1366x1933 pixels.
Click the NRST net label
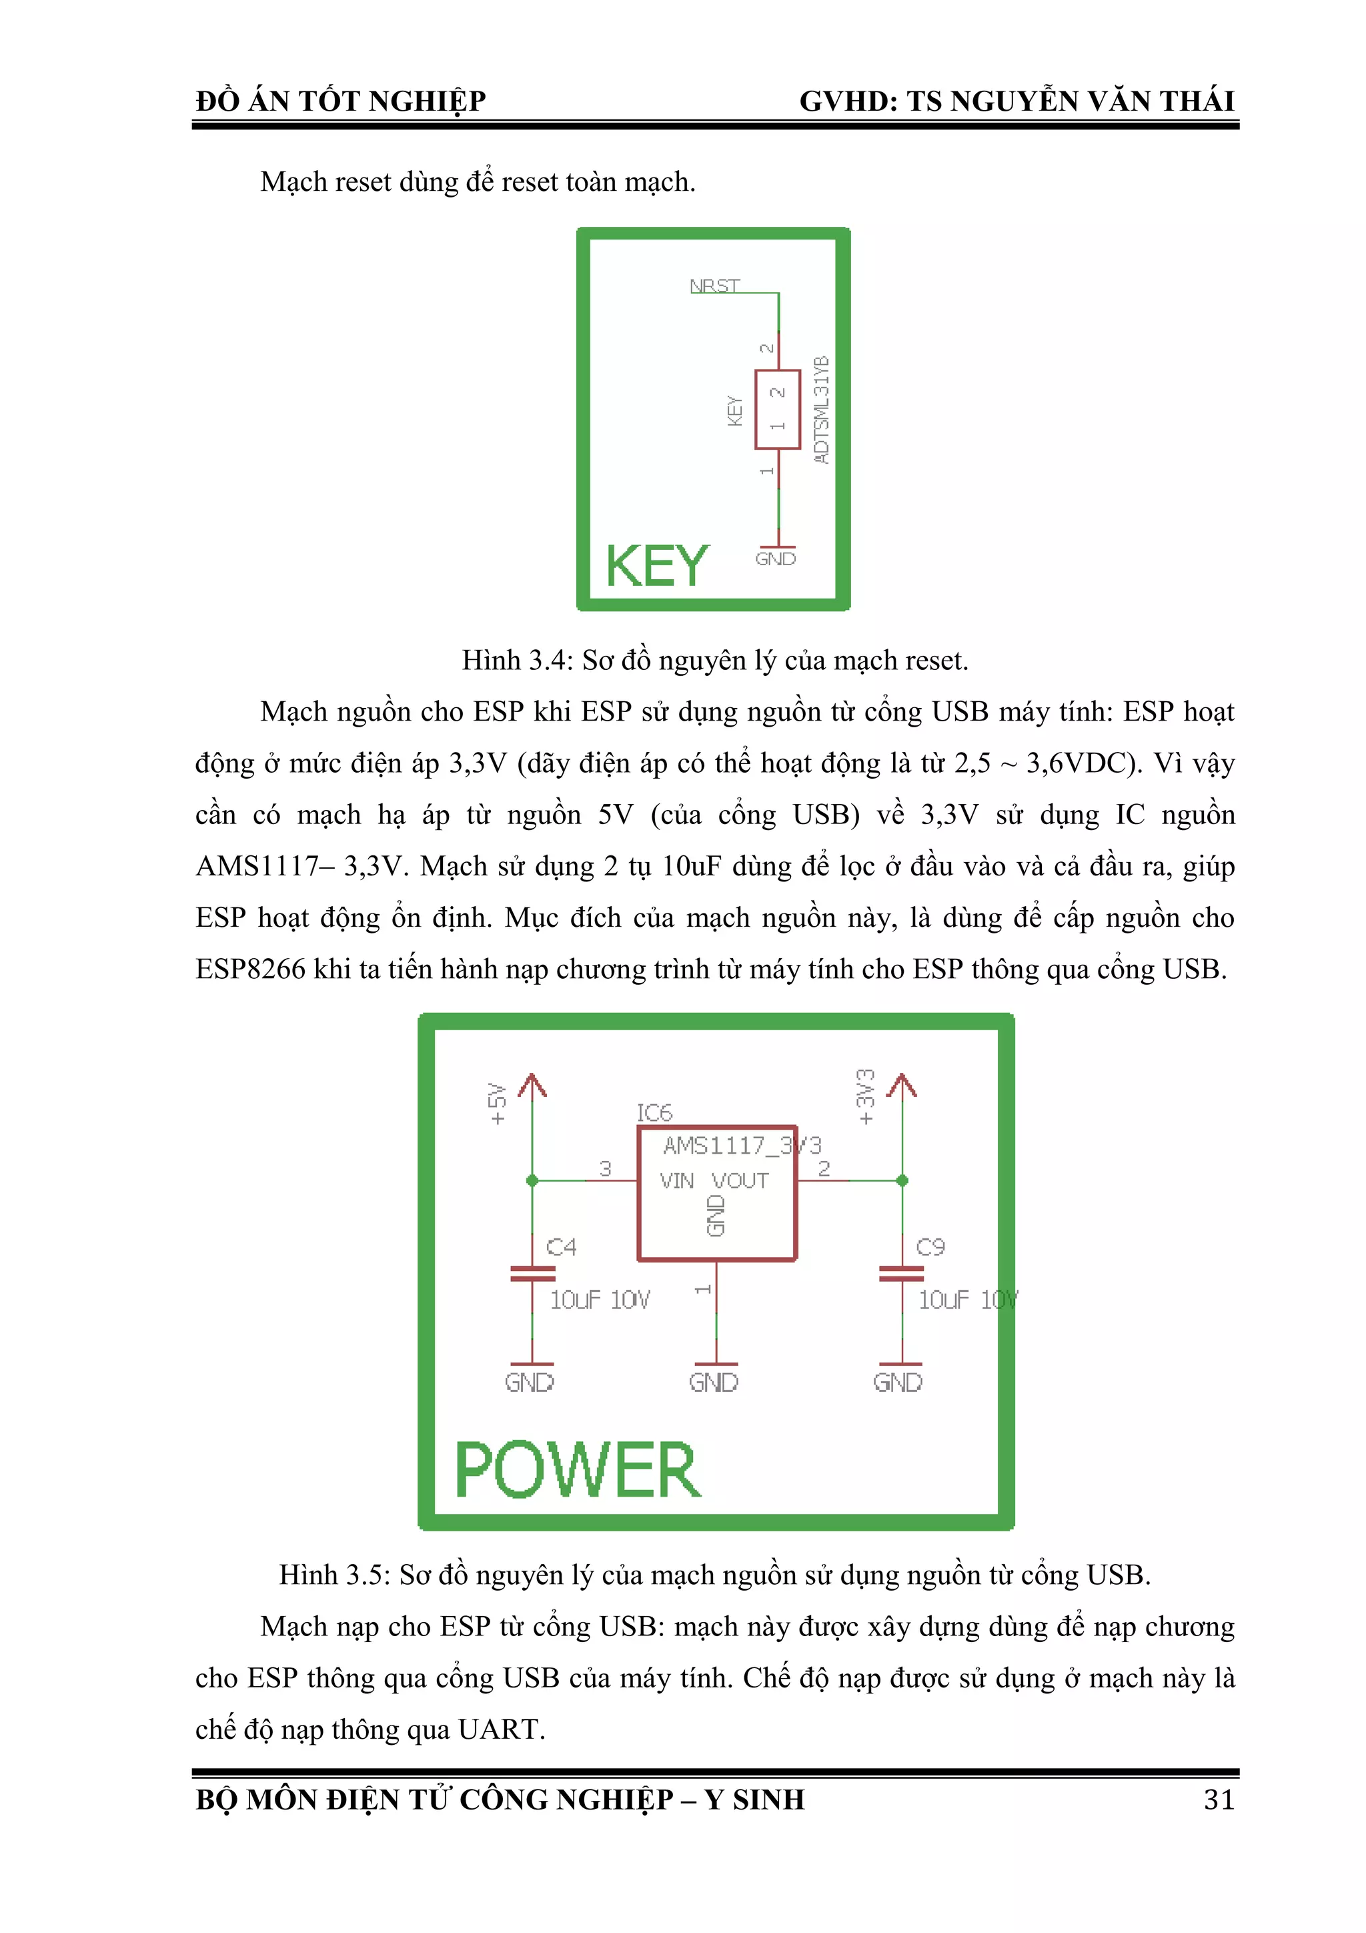714,286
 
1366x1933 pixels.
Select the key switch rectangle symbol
777,409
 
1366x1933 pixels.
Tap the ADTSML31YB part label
822,409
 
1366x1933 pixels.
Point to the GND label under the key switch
775,559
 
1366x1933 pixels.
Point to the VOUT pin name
740,1181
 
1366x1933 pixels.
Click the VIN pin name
677,1181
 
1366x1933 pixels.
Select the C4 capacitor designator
562,1247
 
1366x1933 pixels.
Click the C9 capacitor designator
930,1247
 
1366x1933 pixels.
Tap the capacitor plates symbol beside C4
532,1274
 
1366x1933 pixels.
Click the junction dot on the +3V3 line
902,1180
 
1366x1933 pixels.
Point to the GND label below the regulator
714,1383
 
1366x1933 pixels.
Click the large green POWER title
578,1470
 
